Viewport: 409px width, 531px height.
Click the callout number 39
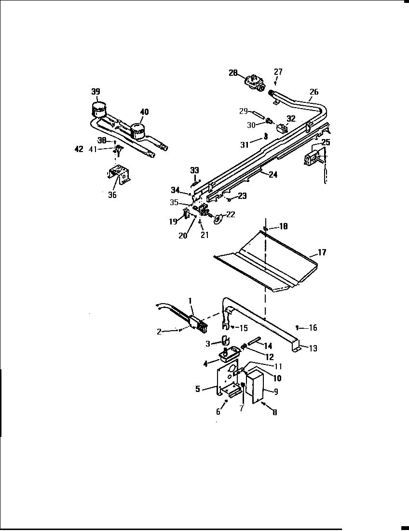[x=96, y=92]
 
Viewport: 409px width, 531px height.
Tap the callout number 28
[x=233, y=73]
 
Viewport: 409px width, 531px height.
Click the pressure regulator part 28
[x=253, y=83]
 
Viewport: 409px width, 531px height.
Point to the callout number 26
[x=314, y=92]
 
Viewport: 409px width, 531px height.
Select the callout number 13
[x=313, y=349]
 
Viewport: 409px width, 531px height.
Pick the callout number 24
[x=273, y=175]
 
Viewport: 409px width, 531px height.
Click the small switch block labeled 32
[x=281, y=128]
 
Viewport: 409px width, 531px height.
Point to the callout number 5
[x=198, y=389]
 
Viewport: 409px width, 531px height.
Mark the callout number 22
[x=231, y=214]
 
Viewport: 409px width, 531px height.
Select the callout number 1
[x=191, y=300]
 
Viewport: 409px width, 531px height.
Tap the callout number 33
[x=194, y=170]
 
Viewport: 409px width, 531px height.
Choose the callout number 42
[x=79, y=149]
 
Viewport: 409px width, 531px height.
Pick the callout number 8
[x=274, y=413]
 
